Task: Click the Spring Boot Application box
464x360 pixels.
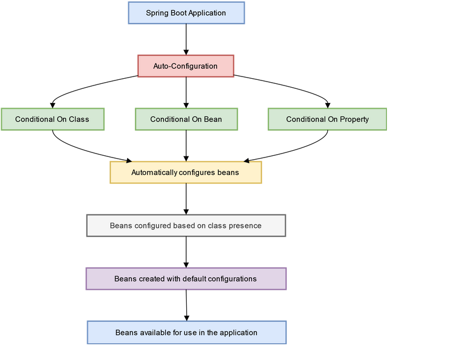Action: coord(186,13)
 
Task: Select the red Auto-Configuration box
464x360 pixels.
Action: coord(186,66)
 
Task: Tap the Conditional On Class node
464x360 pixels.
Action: coord(52,119)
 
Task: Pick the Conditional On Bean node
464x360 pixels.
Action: coord(186,119)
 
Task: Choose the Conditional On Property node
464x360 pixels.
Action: coord(327,119)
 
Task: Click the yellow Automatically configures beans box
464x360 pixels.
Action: coord(186,173)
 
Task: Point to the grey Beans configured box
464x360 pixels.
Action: coord(186,226)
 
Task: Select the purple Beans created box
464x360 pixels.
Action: coord(186,278)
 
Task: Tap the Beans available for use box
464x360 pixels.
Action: coord(186,332)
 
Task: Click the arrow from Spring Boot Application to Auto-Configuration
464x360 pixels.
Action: coord(186,39)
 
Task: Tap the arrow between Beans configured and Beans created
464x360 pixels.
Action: coord(186,252)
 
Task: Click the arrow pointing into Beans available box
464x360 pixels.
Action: coord(186,305)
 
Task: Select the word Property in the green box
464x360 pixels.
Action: coord(354,119)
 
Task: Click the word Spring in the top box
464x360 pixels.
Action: coord(156,13)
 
